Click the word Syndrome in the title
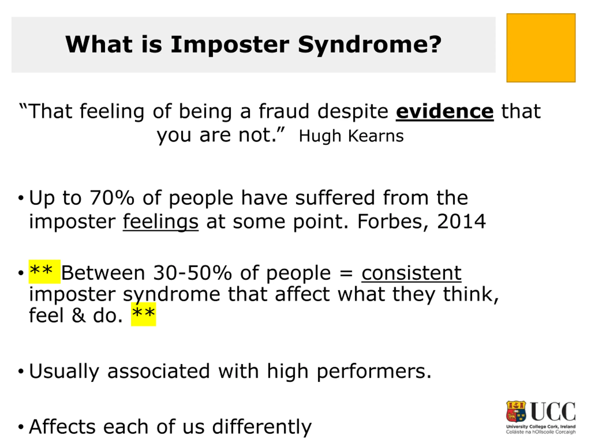tap(370, 45)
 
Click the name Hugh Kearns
tap(351, 136)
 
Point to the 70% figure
tap(112, 198)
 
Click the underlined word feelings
tap(161, 222)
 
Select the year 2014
tap(461, 222)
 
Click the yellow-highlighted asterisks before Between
tap(44, 272)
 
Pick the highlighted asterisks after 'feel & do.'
tap(143, 314)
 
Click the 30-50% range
tap(192, 273)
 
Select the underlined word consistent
tap(411, 273)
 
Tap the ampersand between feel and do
tap(79, 316)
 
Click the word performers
tap(374, 372)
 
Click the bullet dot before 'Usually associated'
tap(21, 371)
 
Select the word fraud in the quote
tap(284, 111)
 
